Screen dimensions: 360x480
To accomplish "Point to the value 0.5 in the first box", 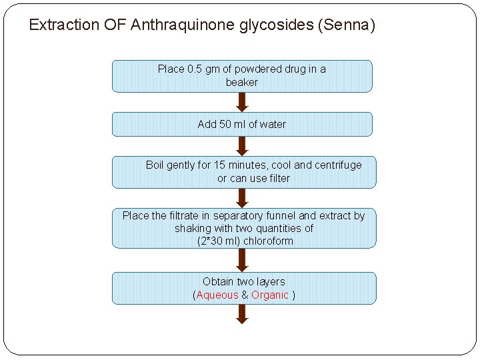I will click(x=195, y=69).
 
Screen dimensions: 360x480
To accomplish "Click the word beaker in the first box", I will click(x=241, y=82).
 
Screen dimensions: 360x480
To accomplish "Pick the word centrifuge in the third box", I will click(x=338, y=165).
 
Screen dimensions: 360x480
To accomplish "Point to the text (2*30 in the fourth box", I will click(x=211, y=241).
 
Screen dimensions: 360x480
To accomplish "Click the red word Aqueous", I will click(x=217, y=295).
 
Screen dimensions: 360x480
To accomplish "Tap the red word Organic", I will click(x=270, y=295).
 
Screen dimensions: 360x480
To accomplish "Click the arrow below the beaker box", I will click(x=242, y=101).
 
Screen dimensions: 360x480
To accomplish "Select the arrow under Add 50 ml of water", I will click(x=242, y=145).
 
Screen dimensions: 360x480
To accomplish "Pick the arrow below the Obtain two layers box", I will click(x=242, y=314).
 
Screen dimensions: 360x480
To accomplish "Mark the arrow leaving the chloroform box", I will click(x=242, y=259).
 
